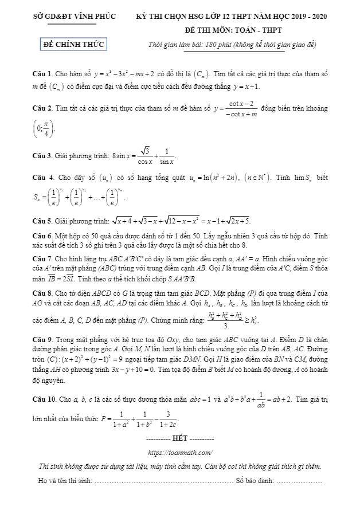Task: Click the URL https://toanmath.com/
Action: [x=181, y=452]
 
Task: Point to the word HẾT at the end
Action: [x=181, y=438]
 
